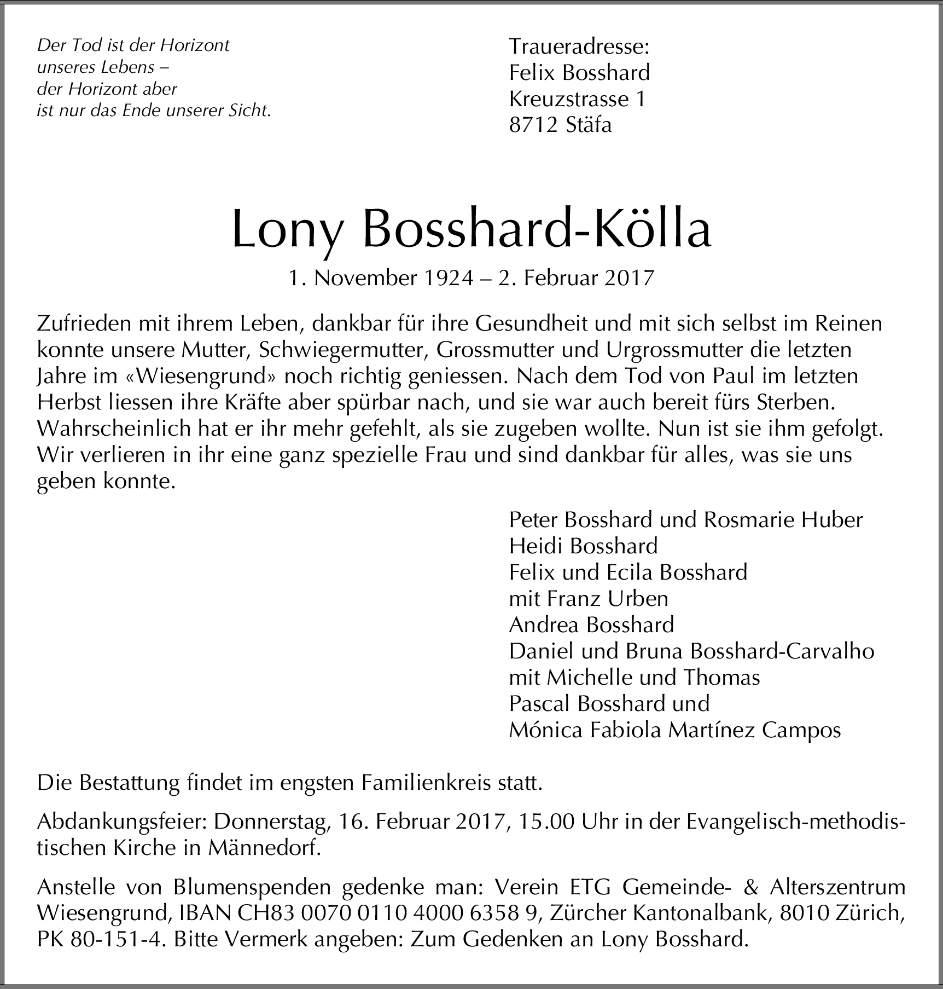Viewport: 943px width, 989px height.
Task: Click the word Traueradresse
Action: [x=579, y=47]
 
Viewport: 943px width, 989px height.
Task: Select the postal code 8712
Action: [x=533, y=125]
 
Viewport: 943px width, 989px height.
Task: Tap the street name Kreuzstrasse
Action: [x=569, y=99]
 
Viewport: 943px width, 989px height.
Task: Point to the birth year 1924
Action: [x=448, y=279]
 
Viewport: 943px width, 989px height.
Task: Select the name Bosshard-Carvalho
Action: [x=782, y=651]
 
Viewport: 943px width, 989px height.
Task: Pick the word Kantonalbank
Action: [x=705, y=912]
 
